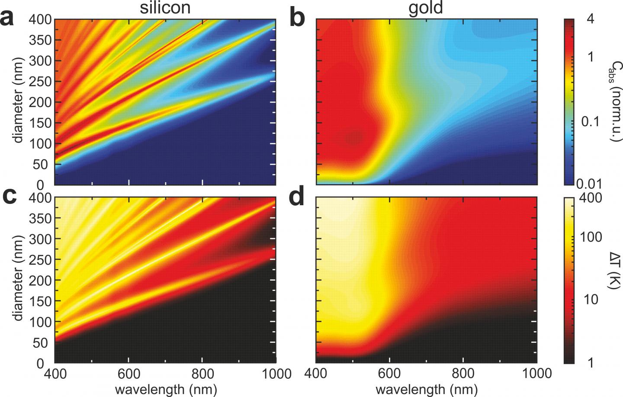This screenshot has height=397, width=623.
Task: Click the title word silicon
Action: coord(166,7)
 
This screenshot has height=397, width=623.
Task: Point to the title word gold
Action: coord(426,7)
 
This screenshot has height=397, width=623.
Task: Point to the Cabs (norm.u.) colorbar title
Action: coord(615,102)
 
